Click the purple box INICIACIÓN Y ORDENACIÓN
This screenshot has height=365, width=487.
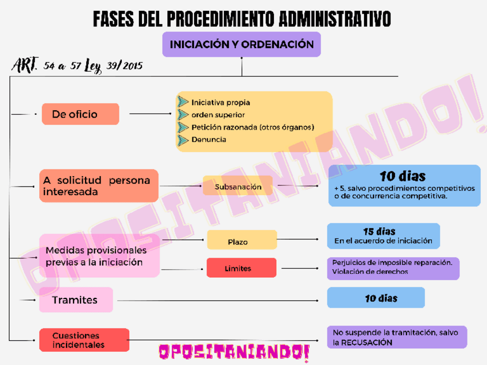(x=241, y=44)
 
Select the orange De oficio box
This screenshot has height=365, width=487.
(x=80, y=114)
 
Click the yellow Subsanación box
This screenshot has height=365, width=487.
(x=238, y=187)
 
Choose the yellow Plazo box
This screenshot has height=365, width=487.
(x=242, y=240)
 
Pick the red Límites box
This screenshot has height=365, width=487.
(x=241, y=268)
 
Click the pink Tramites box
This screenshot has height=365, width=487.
(x=76, y=300)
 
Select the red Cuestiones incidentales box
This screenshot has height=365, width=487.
(x=84, y=340)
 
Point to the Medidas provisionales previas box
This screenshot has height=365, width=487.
(x=98, y=256)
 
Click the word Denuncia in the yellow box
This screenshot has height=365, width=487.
(x=209, y=139)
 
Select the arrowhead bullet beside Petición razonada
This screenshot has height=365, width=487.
(x=183, y=127)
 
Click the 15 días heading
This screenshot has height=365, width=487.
(x=379, y=231)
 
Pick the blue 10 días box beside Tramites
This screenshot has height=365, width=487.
(x=376, y=298)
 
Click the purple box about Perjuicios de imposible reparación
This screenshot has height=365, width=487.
(x=393, y=267)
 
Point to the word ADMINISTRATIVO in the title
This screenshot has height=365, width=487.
(x=335, y=19)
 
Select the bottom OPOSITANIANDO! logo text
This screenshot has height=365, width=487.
(x=234, y=351)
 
